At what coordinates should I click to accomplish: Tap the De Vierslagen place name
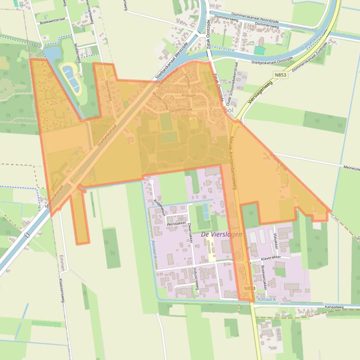click(221, 234)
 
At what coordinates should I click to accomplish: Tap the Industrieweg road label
click(196, 279)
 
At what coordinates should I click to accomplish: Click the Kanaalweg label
click(333, 307)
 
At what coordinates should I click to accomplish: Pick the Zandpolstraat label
click(180, 110)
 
